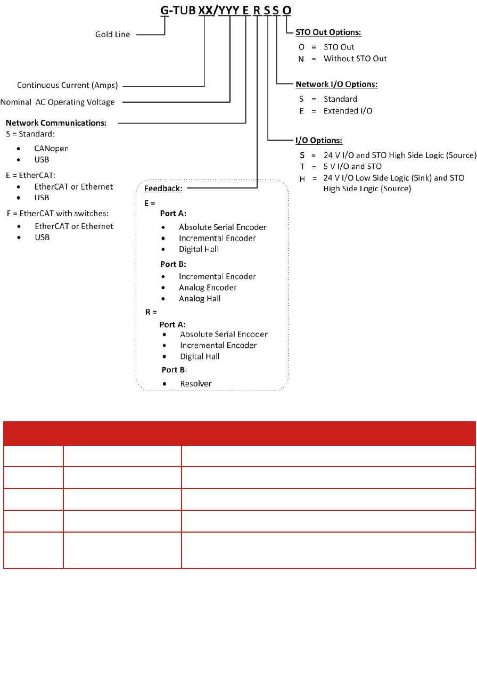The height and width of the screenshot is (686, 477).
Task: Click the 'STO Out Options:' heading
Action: click(328, 32)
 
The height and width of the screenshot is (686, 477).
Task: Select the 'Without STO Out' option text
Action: click(355, 59)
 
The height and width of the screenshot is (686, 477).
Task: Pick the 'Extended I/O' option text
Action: click(348, 111)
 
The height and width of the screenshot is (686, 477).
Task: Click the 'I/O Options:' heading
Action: click(319, 141)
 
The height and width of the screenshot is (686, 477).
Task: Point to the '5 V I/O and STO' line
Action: click(352, 166)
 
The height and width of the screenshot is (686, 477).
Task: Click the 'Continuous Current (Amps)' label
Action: click(67, 85)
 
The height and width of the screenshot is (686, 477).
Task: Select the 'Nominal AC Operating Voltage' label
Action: click(57, 102)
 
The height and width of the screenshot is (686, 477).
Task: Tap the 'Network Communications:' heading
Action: click(56, 123)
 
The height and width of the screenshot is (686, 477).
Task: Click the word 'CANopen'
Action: click(52, 148)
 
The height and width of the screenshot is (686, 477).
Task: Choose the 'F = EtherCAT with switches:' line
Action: click(57, 214)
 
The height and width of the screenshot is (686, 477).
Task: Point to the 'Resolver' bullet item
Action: click(195, 383)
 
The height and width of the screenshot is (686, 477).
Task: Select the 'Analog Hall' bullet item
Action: click(200, 298)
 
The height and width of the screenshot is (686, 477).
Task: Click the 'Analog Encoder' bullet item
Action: click(208, 288)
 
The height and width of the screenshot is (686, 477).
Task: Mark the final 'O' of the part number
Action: click(287, 10)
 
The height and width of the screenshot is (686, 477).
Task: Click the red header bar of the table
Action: click(239, 433)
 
